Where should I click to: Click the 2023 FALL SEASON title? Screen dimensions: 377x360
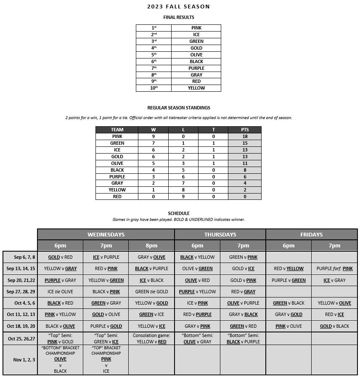click(x=178, y=7)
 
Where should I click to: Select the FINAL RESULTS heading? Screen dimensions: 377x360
click(x=179, y=17)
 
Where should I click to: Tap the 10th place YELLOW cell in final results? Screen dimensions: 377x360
click(x=196, y=88)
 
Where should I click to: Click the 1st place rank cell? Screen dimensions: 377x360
click(x=154, y=28)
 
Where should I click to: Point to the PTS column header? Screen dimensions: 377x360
click(x=244, y=130)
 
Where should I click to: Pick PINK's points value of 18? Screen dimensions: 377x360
click(x=244, y=136)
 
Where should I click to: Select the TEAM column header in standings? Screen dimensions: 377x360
click(x=117, y=130)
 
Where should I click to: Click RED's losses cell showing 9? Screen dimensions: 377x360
click(x=183, y=196)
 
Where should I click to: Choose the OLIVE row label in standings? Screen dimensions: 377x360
click(x=117, y=163)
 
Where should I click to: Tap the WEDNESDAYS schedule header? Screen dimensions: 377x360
click(x=106, y=234)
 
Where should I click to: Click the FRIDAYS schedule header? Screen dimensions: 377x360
click(x=312, y=234)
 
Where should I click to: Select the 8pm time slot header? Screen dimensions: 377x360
click(x=151, y=246)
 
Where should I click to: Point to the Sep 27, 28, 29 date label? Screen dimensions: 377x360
click(x=20, y=292)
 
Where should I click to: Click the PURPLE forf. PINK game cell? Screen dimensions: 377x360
click(x=334, y=268)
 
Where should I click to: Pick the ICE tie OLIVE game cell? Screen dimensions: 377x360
click(x=60, y=292)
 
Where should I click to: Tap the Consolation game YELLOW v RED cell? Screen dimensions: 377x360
click(x=151, y=339)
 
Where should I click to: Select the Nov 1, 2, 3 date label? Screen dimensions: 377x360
click(x=20, y=360)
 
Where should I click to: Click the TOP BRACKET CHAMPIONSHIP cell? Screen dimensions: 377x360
click(x=106, y=359)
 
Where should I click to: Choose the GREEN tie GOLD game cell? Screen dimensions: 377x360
click(x=151, y=292)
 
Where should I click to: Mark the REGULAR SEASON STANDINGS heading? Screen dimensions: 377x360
click(x=179, y=108)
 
